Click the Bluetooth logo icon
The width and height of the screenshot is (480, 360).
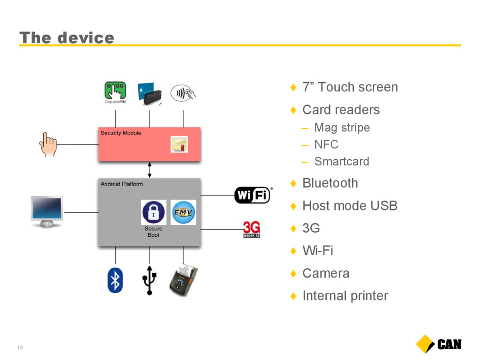[x=115, y=280]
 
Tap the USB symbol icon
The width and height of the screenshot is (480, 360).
[x=150, y=280]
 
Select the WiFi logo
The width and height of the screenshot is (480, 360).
[x=253, y=195]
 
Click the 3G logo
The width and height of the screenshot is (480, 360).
[x=251, y=229]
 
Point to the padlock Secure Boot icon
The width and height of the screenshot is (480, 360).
[x=154, y=212]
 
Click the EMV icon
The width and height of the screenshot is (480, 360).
[x=183, y=212]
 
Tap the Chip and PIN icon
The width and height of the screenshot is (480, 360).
[x=115, y=92]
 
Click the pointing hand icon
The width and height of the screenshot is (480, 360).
[x=48, y=144]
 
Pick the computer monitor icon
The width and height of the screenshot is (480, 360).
[x=47, y=211]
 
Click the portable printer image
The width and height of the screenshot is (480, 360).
[x=183, y=280]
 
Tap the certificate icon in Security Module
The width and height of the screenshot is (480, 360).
[x=179, y=144]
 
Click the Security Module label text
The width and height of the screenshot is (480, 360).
[x=121, y=133]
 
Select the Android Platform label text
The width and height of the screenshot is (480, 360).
[x=122, y=184]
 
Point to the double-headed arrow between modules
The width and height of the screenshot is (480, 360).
[x=150, y=170]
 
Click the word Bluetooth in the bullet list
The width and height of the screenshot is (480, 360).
[x=330, y=183]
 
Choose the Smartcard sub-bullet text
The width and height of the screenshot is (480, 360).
[x=342, y=161]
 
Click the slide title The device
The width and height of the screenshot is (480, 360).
[x=67, y=38]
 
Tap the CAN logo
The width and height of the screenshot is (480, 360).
[x=439, y=344]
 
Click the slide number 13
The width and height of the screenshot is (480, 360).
[x=20, y=347]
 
